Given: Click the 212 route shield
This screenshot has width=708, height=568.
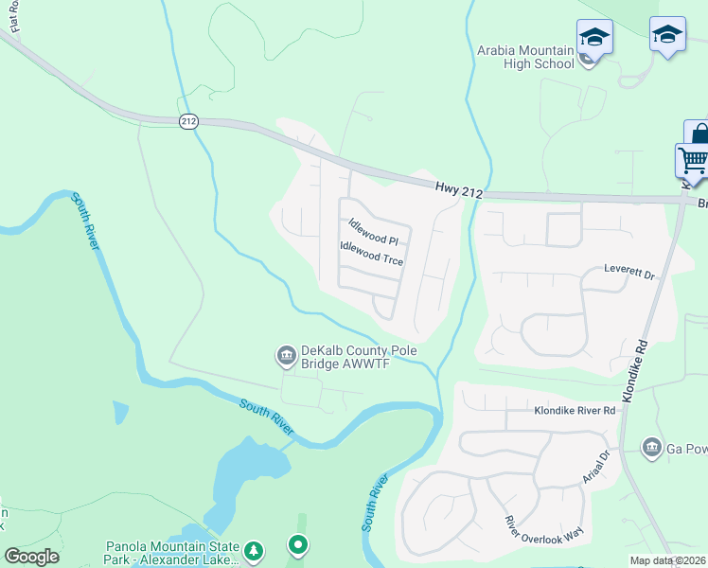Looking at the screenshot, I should coord(188,120).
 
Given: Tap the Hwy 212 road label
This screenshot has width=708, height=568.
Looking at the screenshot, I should coord(460,190).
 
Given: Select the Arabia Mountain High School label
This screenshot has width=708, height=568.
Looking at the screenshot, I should coord(526,57).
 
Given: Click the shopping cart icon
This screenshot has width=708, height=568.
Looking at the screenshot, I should coord(693,160).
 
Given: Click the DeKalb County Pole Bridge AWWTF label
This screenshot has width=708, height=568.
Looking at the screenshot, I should coord(359,355).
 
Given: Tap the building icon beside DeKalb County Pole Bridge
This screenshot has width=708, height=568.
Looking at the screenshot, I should coord(285,355).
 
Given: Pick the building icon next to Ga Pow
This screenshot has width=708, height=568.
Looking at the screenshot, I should coord(651,447).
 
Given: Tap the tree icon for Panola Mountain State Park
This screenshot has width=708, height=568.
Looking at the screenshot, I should coord(253,549).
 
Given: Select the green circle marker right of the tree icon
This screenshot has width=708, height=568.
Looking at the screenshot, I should coord(298,544).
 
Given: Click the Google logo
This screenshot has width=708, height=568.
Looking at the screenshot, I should coord(31,556).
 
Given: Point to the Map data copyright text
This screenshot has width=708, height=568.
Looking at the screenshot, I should coord(668,560).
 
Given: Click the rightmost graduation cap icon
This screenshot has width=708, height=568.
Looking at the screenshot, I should coord(667,35).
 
